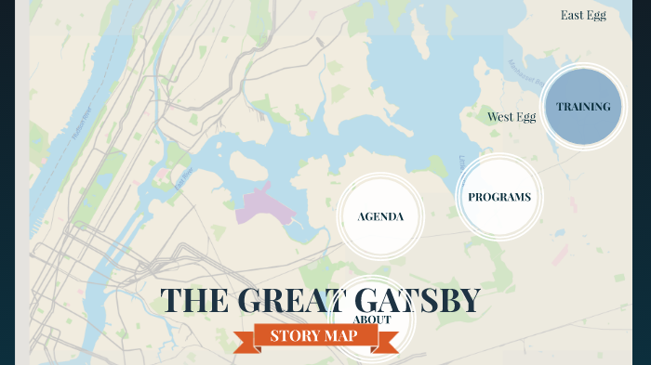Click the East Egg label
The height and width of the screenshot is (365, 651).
point(583,15)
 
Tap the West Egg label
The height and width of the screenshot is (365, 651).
point(511,117)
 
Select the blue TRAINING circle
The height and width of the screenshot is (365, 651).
point(583,106)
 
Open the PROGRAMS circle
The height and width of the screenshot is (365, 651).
point(499,197)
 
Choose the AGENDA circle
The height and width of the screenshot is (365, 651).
point(380,216)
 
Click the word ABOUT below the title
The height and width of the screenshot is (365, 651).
point(372,319)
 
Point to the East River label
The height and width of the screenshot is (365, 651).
point(183,177)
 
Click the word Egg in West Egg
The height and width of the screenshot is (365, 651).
point(525,117)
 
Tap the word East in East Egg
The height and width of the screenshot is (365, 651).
point(572,15)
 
